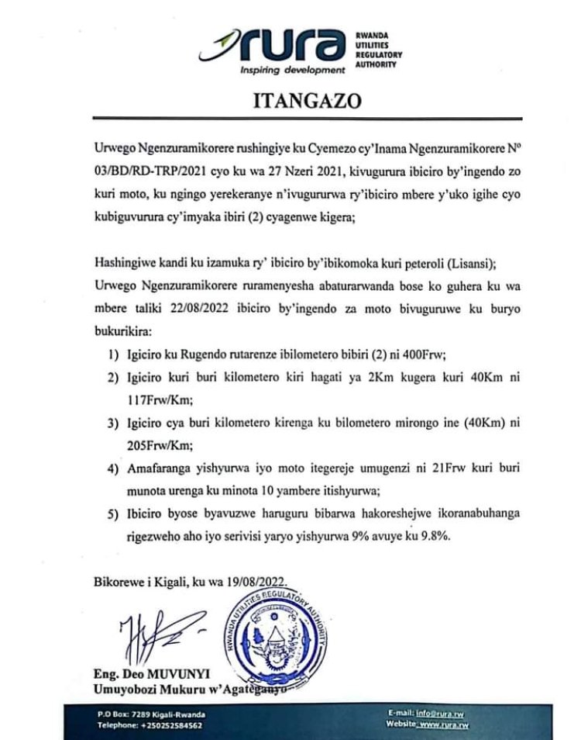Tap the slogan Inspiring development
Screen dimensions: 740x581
(291, 71)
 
